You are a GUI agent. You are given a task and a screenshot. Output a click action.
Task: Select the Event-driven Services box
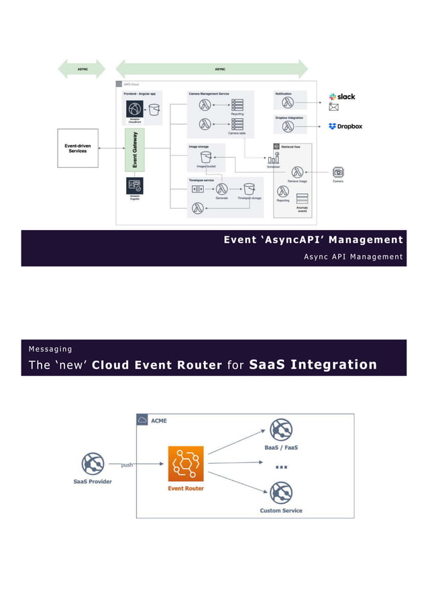(x=78, y=148)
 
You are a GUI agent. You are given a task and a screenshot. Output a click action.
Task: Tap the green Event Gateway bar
(x=135, y=151)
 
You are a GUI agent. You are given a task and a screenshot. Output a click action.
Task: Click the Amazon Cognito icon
(x=135, y=185)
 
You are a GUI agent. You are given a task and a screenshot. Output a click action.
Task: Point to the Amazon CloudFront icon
(x=135, y=109)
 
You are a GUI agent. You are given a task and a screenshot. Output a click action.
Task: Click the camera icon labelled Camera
(x=338, y=172)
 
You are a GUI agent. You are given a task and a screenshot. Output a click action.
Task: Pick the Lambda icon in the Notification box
(x=287, y=103)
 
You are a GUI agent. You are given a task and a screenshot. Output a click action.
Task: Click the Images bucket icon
(x=197, y=157)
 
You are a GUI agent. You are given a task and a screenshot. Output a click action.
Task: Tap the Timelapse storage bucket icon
(x=250, y=189)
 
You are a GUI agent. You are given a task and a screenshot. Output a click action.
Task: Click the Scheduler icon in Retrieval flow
(x=273, y=158)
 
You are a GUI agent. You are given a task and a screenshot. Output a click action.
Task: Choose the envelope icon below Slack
(x=333, y=107)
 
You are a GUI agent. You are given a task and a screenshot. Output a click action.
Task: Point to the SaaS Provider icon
(x=92, y=463)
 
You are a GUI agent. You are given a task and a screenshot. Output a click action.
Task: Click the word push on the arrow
(x=127, y=465)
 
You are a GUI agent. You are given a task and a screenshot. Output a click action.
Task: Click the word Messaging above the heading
(x=50, y=349)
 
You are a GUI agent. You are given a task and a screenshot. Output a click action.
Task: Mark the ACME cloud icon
(x=142, y=420)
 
